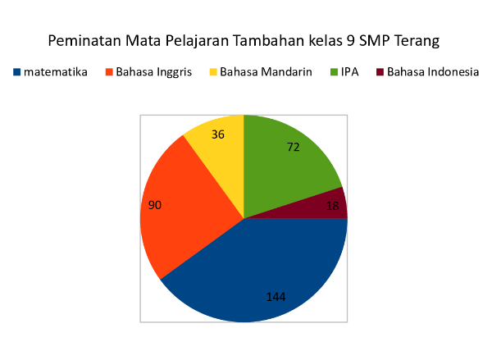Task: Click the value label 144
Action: (276, 297)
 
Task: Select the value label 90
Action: (155, 205)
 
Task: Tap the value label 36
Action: (218, 134)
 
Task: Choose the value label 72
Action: (294, 147)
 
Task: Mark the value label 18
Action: (333, 206)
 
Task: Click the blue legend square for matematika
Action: (17, 72)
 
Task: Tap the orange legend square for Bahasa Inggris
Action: (109, 72)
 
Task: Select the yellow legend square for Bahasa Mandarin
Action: (213, 72)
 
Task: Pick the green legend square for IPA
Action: (334, 72)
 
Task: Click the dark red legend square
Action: (380, 72)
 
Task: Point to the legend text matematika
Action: (56, 72)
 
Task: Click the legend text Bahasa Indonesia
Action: (433, 72)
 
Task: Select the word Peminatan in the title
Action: (84, 40)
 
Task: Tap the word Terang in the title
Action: (417, 41)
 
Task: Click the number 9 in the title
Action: (351, 41)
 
